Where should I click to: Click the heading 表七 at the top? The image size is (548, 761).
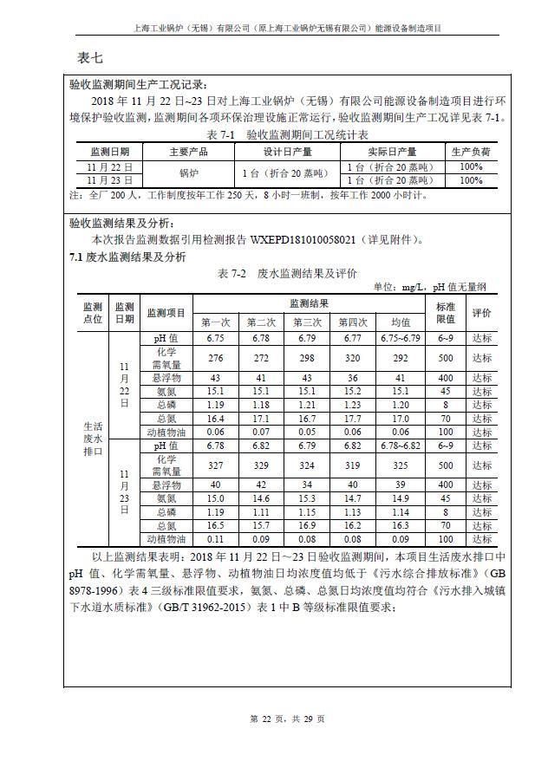click(x=90, y=58)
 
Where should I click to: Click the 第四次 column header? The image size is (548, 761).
click(x=353, y=322)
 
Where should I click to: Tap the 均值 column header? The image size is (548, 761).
click(x=400, y=322)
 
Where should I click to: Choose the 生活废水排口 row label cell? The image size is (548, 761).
click(x=94, y=439)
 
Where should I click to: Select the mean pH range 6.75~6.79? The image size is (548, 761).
click(x=400, y=338)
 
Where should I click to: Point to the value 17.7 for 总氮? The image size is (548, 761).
click(x=352, y=419)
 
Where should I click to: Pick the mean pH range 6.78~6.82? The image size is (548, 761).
click(x=400, y=446)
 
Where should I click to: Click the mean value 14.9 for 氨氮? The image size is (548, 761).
click(x=400, y=498)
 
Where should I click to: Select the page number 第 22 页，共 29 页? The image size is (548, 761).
click(x=286, y=719)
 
